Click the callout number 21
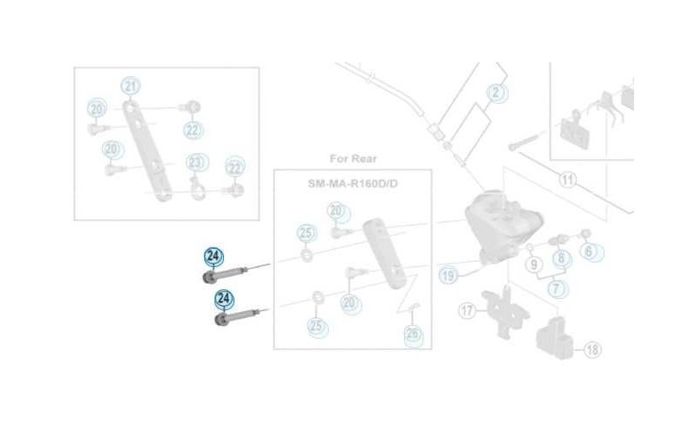(131, 86)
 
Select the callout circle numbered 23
(196, 162)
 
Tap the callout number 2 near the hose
(496, 92)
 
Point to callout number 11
(567, 181)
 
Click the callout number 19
(447, 276)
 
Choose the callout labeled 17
(468, 309)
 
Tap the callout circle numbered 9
(534, 263)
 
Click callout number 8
(561, 258)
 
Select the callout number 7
(556, 289)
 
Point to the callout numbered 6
(589, 252)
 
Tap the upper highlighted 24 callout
(213, 256)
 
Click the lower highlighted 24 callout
(224, 299)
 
